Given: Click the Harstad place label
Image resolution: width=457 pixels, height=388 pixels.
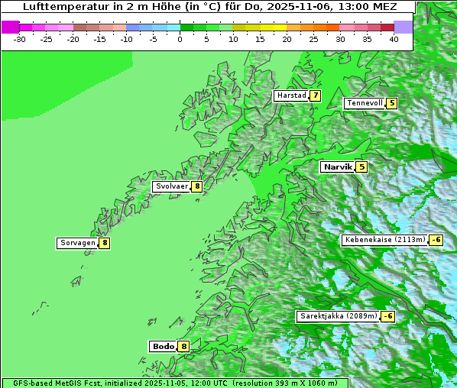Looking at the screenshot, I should coord(291,95).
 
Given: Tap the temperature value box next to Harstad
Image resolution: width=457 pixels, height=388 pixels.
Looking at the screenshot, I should coord(315,95).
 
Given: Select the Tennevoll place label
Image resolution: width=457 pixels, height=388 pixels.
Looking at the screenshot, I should coord(365,103).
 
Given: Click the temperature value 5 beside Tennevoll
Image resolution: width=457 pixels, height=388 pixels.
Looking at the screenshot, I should coord(392,103).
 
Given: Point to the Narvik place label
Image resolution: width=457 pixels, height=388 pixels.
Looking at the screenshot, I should coord(338,167).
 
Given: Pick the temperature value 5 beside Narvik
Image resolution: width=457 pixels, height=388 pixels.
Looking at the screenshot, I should coord(361,167).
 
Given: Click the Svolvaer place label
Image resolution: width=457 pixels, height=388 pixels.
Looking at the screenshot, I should coord(171,186).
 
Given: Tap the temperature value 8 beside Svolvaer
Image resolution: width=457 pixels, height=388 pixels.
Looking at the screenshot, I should coord(196,186).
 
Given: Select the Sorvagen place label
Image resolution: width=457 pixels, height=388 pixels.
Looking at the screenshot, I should coord(77,243).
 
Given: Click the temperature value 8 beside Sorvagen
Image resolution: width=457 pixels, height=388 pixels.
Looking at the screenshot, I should coord(105,243).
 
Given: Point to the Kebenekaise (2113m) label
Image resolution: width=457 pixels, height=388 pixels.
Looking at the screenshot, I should coord(384,240).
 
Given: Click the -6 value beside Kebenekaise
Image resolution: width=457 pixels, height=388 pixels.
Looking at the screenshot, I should coord(436,240).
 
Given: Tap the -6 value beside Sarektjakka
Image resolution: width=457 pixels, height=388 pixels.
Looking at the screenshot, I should coord(388,316).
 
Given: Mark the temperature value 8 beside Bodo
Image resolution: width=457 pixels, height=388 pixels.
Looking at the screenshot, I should coord(183,346).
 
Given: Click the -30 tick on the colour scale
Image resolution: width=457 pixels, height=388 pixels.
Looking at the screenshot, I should coord(20,38).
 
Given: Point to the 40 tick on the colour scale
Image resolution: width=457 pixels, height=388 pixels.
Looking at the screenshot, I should coord(394,38).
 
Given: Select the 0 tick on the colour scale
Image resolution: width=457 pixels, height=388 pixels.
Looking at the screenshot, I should coord(180,38).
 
